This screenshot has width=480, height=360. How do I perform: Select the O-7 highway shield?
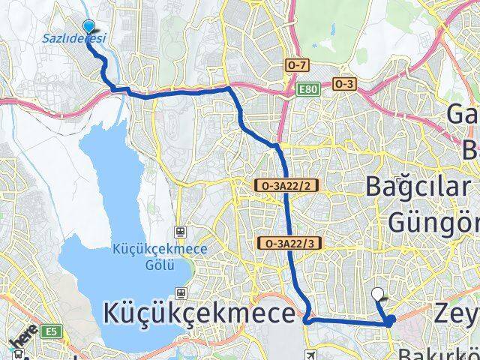pos(297,66)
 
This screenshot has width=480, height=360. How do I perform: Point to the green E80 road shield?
pos(307,88)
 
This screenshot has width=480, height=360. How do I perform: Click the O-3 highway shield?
pos(345,84)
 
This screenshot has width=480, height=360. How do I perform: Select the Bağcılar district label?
pos(418,187)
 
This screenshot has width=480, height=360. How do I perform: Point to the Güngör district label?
pos(433,222)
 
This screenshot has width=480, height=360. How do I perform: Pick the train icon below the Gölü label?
pos(181,291)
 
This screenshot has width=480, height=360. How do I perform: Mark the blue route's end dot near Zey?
pos(391,319)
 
